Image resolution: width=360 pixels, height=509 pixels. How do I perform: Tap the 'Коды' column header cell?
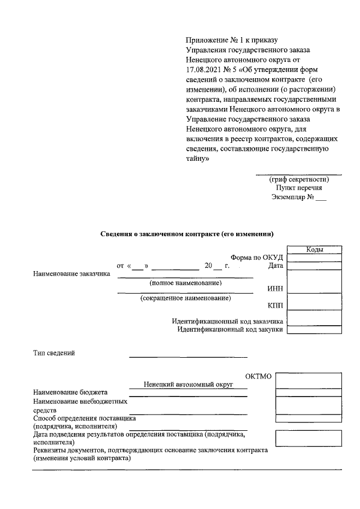pos(314,250)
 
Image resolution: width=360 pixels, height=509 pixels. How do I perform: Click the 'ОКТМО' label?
pos(259,376)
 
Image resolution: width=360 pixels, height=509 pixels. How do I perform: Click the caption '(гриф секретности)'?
pos(299,179)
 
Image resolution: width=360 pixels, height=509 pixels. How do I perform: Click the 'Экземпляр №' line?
pos(298,198)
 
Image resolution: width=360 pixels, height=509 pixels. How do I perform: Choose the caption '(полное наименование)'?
pos(185,282)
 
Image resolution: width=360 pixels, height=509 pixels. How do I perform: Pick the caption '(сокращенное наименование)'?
pos(185,298)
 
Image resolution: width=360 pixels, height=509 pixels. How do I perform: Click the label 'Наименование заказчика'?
pos(71,274)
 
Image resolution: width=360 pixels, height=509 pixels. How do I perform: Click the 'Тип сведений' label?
pos(54,353)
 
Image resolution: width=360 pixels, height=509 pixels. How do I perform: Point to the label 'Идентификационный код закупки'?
pos(230,330)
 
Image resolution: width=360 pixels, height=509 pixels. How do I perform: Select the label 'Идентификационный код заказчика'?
pos(227,321)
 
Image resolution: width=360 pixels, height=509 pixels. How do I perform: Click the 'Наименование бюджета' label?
pos(70,392)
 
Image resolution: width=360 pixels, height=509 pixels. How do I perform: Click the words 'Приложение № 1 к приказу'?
pos(232,40)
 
